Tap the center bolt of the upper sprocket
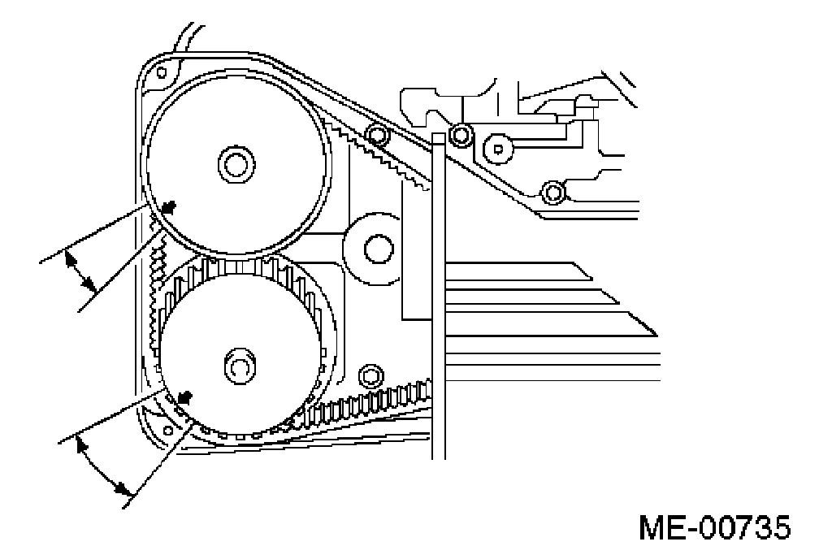[x=235, y=163]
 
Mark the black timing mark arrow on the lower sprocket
[x=185, y=398]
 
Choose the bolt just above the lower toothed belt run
[x=370, y=375]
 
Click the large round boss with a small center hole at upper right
[x=497, y=147]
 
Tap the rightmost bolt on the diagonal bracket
[x=553, y=193]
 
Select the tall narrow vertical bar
[x=439, y=292]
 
